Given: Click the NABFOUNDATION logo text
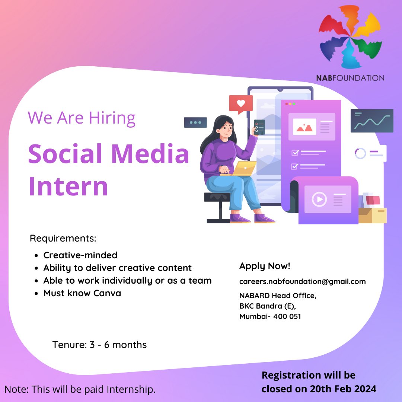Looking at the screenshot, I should (x=350, y=78).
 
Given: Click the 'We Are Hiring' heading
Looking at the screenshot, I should (x=82, y=118).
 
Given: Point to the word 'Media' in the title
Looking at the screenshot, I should (x=150, y=154).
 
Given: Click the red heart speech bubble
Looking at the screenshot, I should (x=241, y=103).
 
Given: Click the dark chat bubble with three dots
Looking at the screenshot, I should (x=195, y=122).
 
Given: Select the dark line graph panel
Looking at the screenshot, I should (x=372, y=121).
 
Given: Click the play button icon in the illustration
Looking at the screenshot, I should (x=319, y=200).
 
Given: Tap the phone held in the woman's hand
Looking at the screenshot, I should (x=259, y=127).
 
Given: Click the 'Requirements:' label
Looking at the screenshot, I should (x=63, y=238).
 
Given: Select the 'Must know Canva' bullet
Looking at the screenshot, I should (x=82, y=293).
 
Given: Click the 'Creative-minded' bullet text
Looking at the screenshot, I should (x=80, y=255).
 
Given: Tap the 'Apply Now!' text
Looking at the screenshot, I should (x=265, y=266).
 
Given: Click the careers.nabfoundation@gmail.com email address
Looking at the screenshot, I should (x=302, y=281).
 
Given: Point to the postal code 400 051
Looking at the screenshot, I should (x=287, y=316).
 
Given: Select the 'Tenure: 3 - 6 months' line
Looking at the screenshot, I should (x=99, y=345).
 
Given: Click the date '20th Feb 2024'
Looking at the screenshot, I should (x=343, y=389).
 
